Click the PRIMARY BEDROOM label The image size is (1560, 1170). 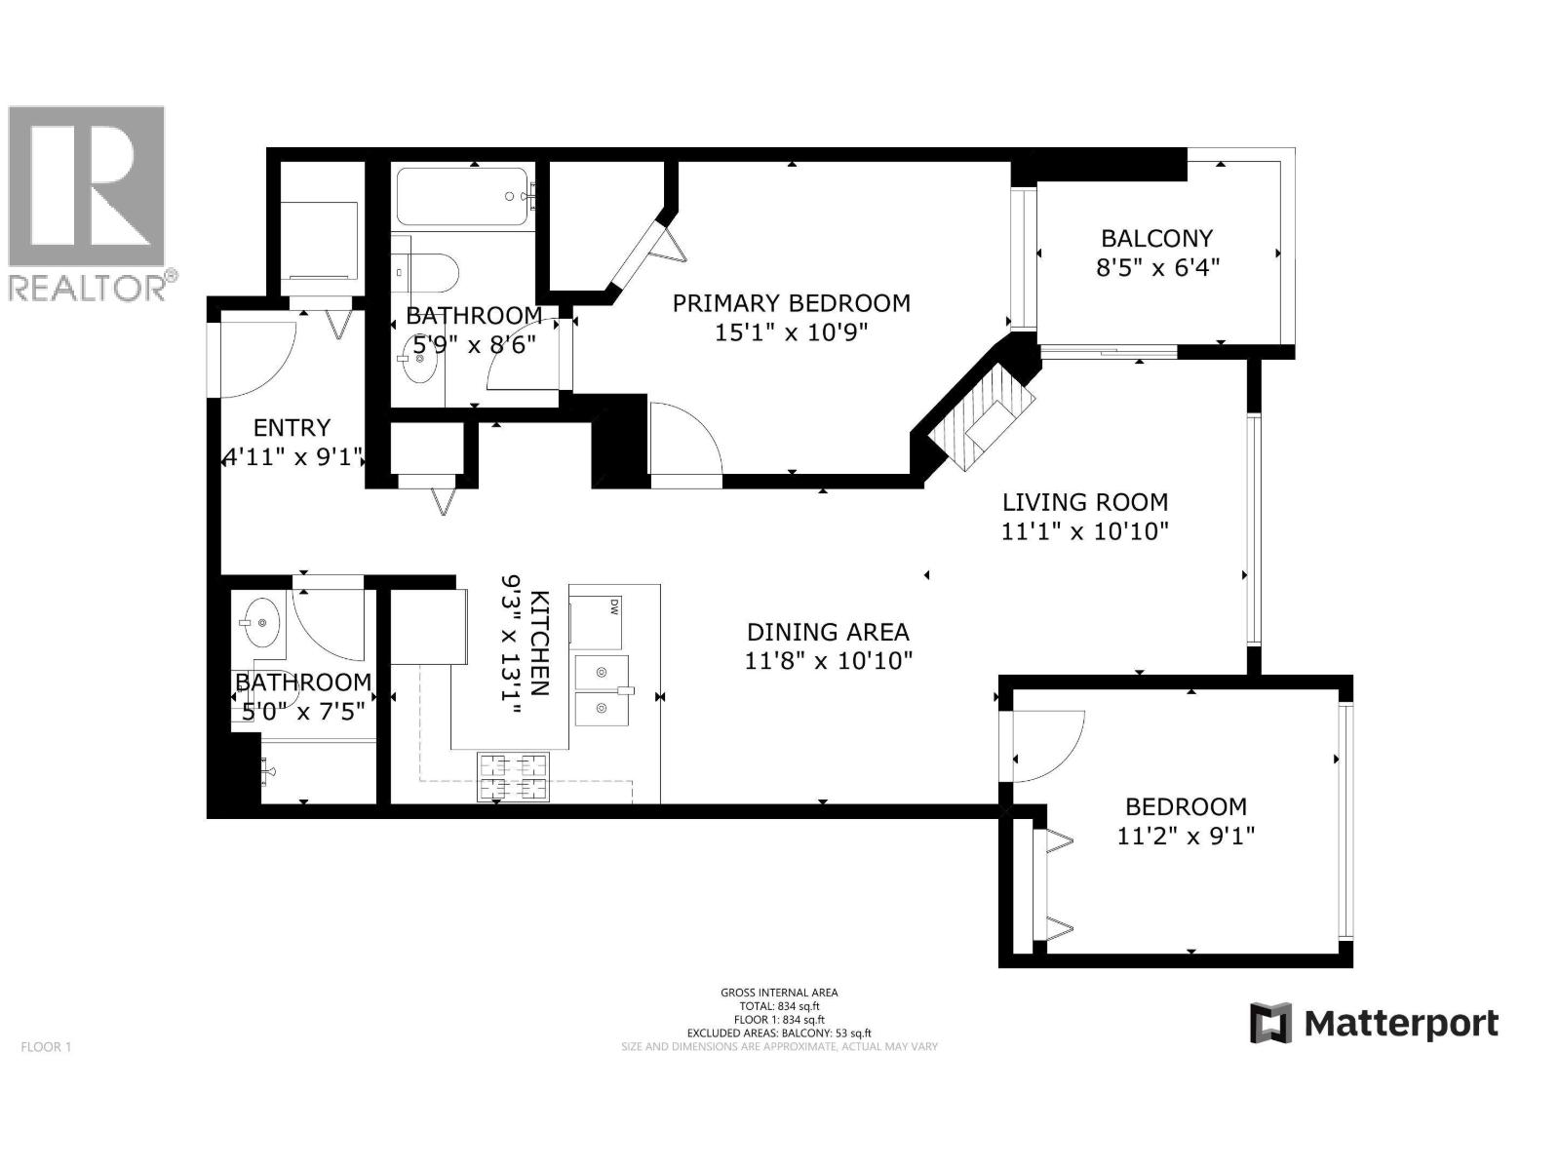(x=791, y=303)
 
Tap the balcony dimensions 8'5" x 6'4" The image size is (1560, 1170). (x=1157, y=268)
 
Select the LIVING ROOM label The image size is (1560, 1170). (x=1084, y=502)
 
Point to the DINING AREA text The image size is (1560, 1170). (x=828, y=632)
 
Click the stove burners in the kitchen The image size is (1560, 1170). (x=513, y=777)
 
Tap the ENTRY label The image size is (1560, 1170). (x=292, y=427)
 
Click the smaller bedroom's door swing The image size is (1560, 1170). (x=1046, y=745)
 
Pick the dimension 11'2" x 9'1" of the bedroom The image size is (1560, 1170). (x=1186, y=836)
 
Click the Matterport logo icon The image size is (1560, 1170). (x=1270, y=1023)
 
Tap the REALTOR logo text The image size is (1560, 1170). (x=88, y=288)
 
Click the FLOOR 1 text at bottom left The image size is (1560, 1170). (x=46, y=1047)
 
